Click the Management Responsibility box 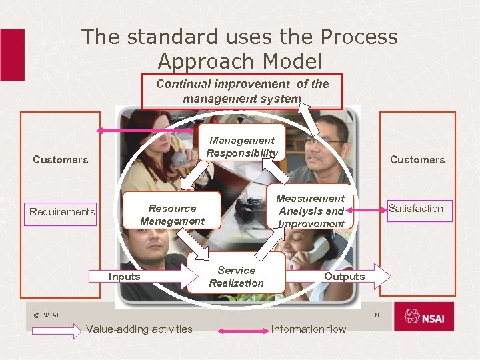(242, 147)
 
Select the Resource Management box (172, 215)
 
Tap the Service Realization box (236, 276)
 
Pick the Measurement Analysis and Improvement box (311, 211)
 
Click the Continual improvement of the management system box (242, 91)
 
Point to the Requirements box (62, 212)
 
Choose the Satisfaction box (416, 209)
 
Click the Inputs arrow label (125, 276)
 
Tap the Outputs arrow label (344, 276)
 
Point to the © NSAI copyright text (47, 315)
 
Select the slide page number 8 (377, 314)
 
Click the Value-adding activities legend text (139, 329)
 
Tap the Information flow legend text (309, 329)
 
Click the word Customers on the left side (61, 159)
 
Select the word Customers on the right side (417, 159)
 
